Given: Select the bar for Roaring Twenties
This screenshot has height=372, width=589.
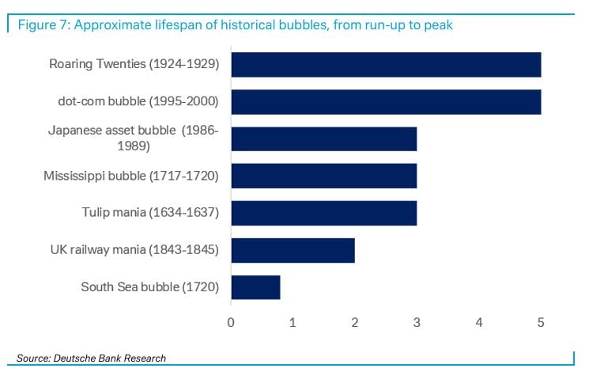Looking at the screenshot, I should click(386, 65).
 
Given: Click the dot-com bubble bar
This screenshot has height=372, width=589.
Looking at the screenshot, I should click(386, 102).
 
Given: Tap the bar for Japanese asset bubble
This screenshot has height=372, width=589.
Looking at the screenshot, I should click(323, 139).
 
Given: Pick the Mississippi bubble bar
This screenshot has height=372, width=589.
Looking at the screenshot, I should click(323, 176).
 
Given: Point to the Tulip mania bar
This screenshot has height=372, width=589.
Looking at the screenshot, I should click(323, 213).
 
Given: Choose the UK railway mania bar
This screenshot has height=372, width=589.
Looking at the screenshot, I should click(293, 250).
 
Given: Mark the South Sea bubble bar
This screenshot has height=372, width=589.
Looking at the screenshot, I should click(255, 287).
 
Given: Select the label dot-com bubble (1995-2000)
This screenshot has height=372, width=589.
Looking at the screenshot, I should click(138, 102).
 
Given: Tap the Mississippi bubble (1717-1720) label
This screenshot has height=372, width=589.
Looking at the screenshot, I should click(130, 176).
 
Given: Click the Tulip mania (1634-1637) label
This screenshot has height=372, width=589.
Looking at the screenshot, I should click(150, 213).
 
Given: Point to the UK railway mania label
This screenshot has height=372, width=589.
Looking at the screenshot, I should click(134, 250).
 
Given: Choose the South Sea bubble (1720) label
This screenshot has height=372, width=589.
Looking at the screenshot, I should click(149, 287).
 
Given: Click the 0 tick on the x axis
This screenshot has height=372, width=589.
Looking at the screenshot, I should click(231, 322).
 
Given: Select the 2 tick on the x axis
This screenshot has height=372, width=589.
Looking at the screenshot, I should click(355, 322).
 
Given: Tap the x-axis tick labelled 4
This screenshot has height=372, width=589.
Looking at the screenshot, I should click(479, 322).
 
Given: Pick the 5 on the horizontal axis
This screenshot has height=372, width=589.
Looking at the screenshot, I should click(541, 322).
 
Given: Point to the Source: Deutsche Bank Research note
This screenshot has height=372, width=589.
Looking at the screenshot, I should click(91, 359).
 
